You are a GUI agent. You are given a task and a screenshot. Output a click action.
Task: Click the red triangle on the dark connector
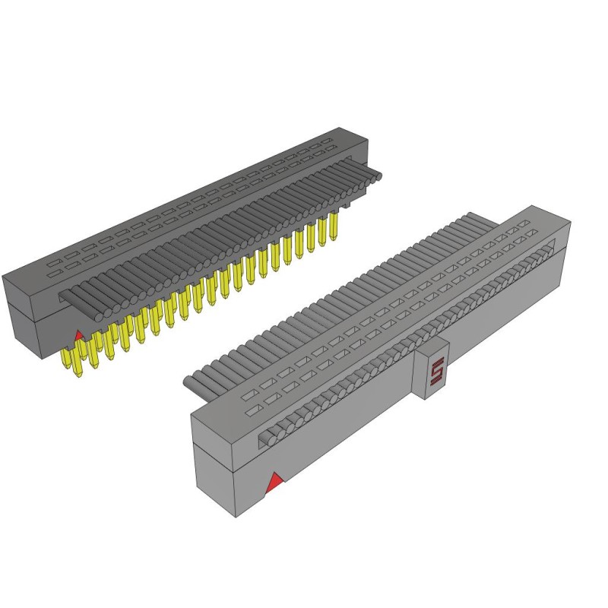click(79, 334)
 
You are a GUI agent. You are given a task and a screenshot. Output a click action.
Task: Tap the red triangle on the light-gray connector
click(275, 480)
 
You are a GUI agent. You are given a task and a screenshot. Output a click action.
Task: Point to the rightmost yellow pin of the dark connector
click(332, 227)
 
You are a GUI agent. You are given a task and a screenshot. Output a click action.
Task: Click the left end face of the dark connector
click(19, 313)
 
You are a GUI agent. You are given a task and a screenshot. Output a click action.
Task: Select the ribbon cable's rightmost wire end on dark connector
click(377, 176)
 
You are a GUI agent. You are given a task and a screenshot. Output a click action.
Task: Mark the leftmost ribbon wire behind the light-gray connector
click(190, 381)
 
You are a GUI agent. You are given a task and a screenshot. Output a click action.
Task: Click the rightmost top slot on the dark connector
click(327, 144)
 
